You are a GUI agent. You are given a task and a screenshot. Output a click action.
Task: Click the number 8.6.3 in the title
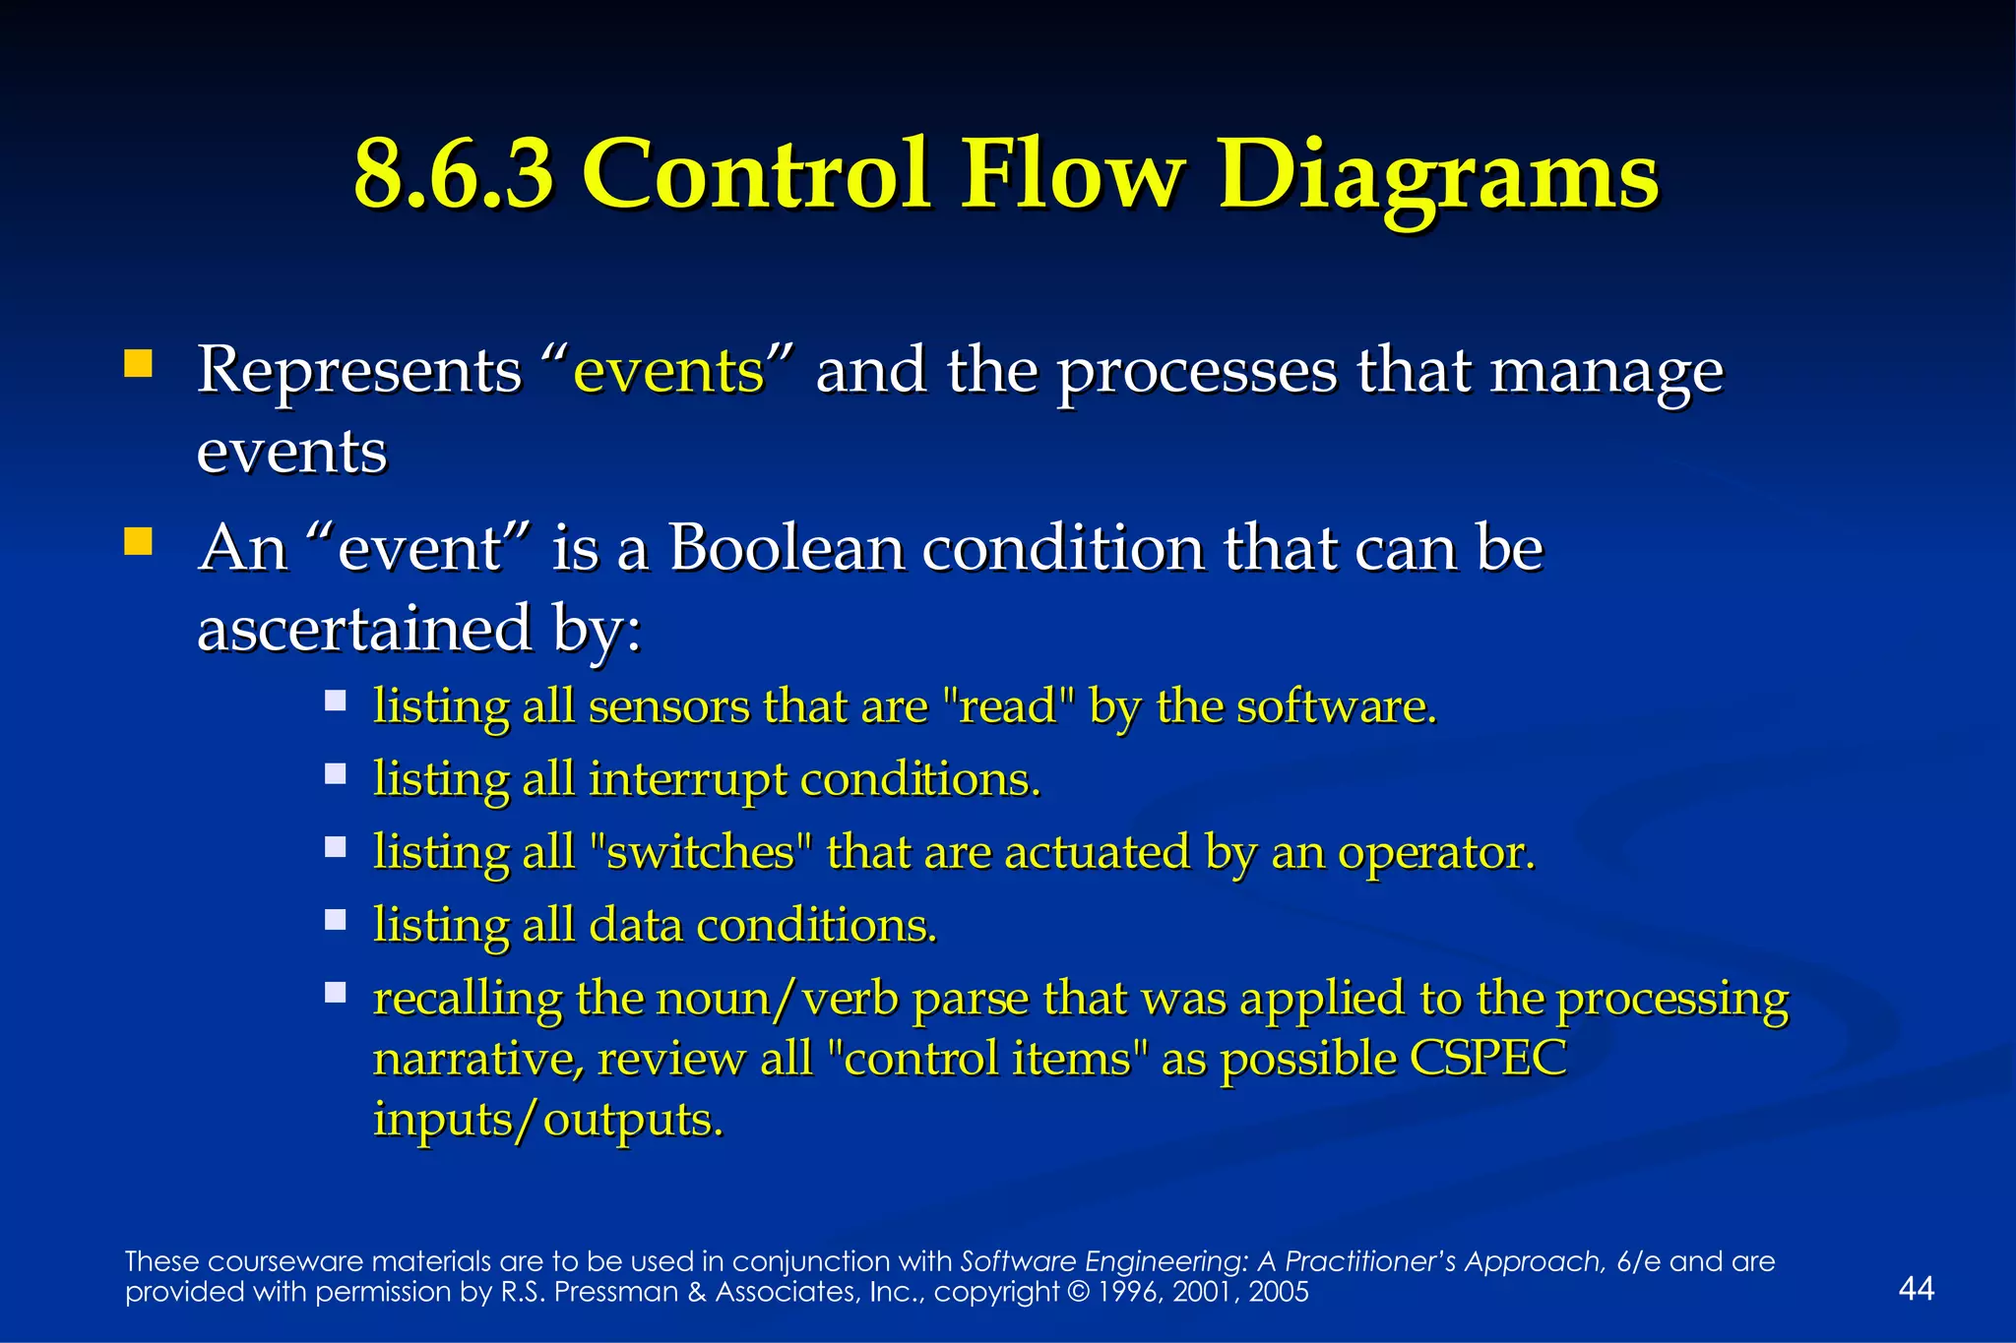point(454,175)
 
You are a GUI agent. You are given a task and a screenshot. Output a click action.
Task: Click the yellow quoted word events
point(668,372)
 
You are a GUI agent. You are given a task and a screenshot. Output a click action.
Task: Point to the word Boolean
point(786,548)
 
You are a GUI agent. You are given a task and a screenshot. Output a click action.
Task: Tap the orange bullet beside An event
point(138,542)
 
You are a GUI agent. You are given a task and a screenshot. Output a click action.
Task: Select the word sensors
point(668,706)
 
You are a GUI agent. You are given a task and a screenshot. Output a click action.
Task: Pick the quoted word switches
point(701,852)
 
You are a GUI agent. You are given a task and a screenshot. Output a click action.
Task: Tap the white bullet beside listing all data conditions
point(336,920)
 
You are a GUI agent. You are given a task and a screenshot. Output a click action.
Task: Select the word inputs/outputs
point(547,1120)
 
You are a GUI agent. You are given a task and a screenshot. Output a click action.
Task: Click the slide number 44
point(1916,1288)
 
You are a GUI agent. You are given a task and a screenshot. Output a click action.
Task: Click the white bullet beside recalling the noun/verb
point(336,993)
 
